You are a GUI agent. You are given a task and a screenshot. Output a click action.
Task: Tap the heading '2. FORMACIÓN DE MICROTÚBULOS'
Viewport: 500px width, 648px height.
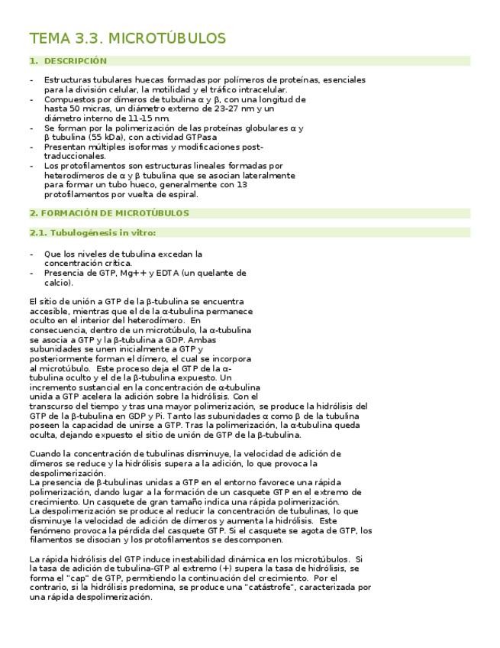click(109, 213)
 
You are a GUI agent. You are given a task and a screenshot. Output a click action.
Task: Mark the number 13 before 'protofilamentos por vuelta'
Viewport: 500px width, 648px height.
click(242, 184)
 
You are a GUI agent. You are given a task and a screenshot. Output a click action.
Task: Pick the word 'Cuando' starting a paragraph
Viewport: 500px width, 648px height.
click(44, 453)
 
